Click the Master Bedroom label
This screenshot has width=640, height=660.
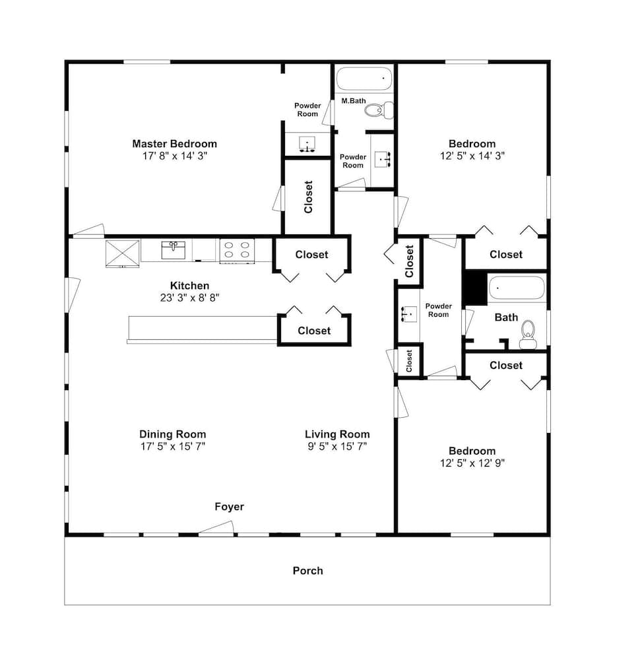click(175, 144)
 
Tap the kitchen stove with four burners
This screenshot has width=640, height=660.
click(237, 251)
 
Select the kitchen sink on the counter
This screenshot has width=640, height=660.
click(174, 250)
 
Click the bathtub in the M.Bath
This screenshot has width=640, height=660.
click(364, 79)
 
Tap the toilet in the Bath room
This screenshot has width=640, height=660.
click(528, 335)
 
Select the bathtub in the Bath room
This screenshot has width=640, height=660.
click(517, 288)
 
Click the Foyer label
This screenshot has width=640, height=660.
click(230, 506)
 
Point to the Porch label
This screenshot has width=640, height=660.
click(308, 571)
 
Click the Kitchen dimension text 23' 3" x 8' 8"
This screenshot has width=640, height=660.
click(190, 298)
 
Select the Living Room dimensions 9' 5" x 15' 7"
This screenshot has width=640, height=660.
click(337, 447)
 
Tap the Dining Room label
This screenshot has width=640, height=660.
click(172, 434)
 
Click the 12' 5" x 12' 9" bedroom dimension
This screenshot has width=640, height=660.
click(472, 463)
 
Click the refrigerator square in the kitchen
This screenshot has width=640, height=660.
click(123, 253)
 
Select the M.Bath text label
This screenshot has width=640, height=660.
click(354, 101)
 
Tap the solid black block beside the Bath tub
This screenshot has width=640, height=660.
click(475, 288)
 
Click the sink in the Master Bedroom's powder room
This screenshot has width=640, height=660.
click(307, 145)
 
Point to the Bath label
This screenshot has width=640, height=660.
click(506, 317)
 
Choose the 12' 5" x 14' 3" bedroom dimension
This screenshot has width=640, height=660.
click(472, 156)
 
